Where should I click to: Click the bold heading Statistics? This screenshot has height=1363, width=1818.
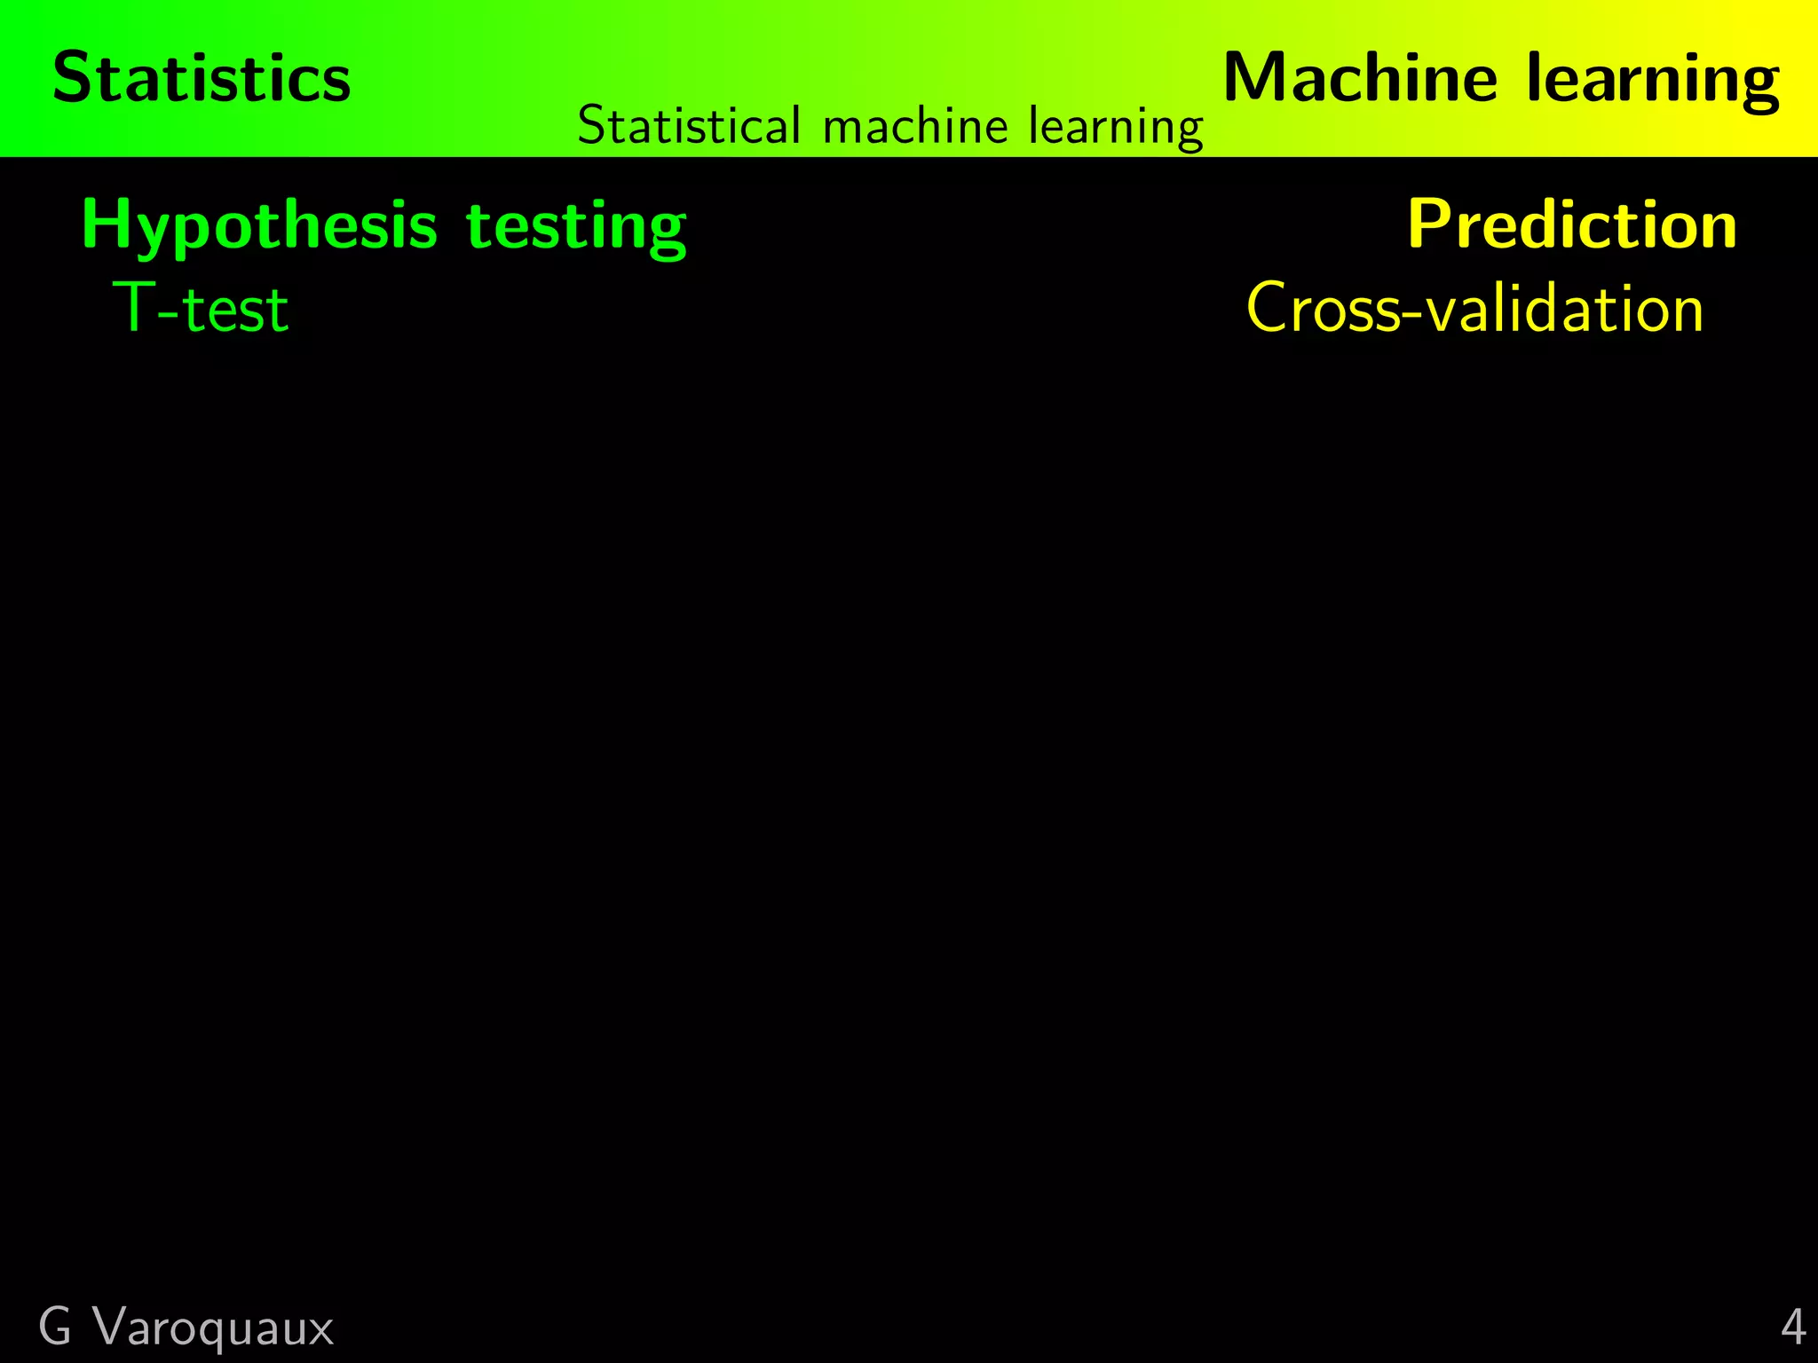(202, 78)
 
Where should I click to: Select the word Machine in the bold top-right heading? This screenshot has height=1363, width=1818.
(1360, 78)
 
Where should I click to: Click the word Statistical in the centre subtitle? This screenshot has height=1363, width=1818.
(689, 126)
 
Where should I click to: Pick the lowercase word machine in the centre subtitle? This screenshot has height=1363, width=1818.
(915, 126)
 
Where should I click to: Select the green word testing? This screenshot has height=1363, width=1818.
(576, 228)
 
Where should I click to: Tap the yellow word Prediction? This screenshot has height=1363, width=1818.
(1572, 225)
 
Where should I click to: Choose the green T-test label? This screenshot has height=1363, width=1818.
(201, 309)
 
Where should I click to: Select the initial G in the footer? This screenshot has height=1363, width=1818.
(55, 1328)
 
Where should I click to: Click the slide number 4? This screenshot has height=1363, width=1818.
(1793, 1328)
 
